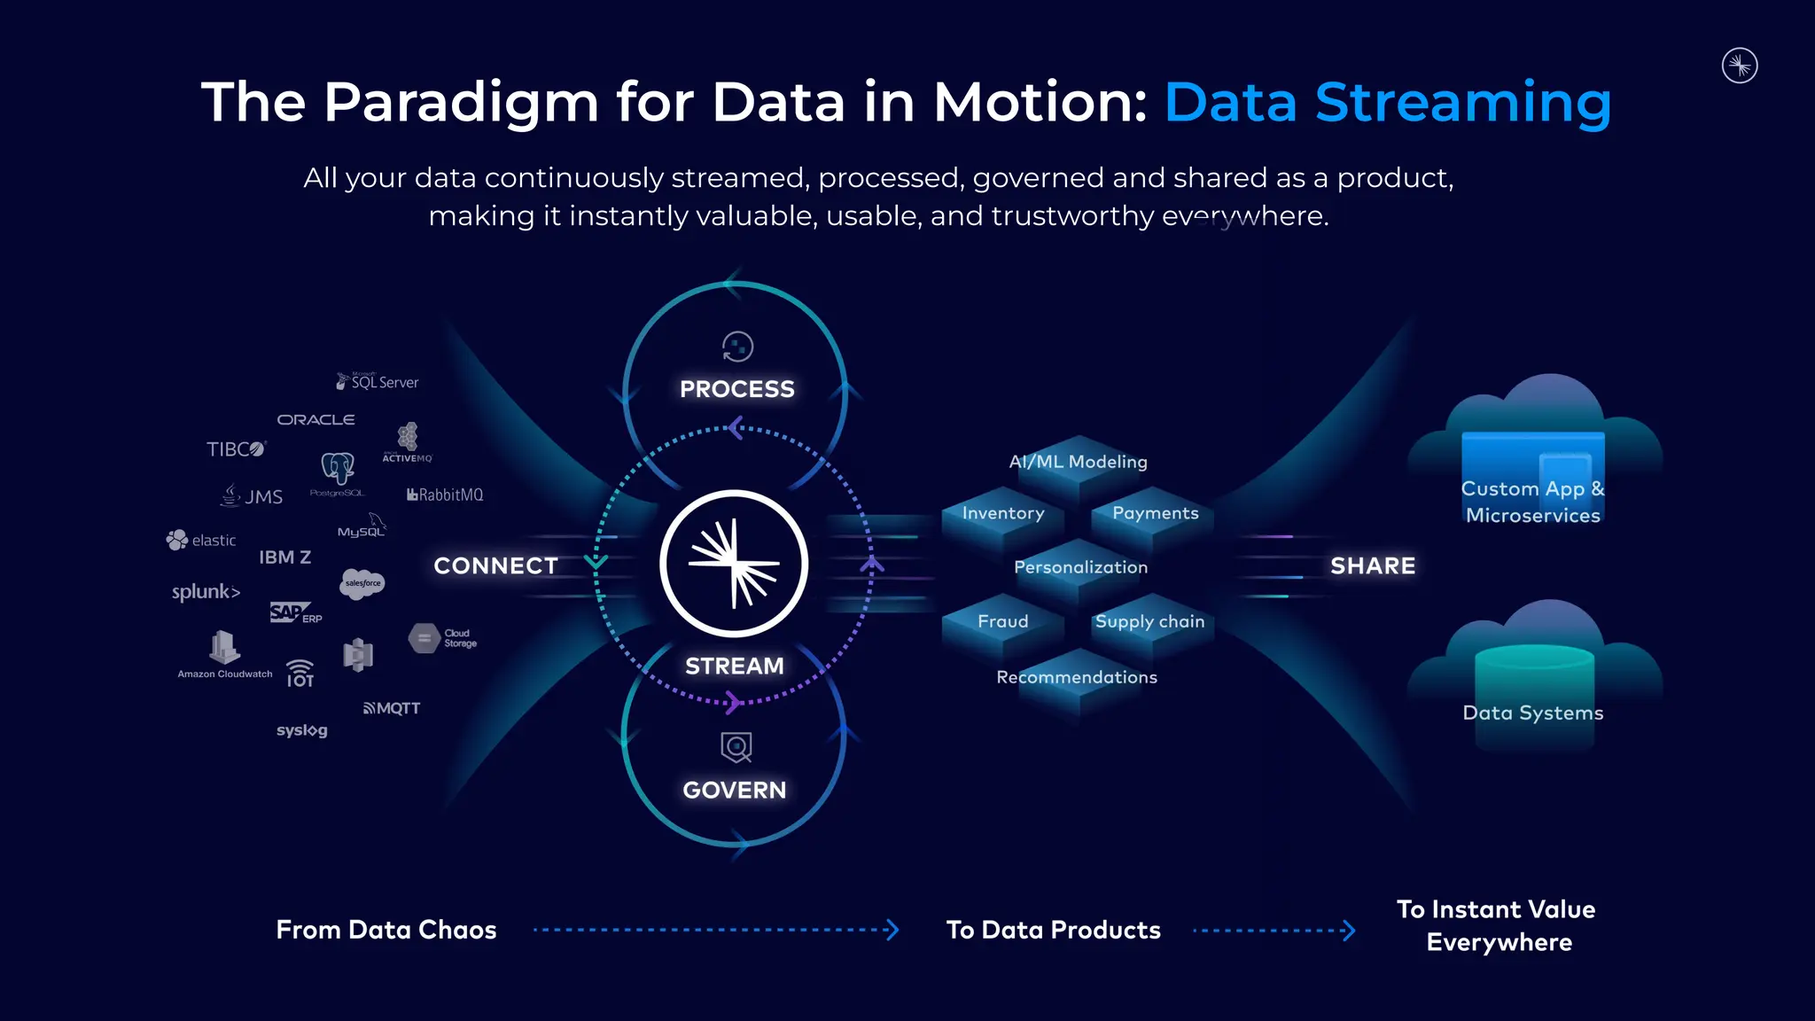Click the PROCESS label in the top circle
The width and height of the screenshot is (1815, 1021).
coord(736,389)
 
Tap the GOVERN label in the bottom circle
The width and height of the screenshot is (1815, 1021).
coord(734,790)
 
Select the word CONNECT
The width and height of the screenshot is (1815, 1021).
coord(495,565)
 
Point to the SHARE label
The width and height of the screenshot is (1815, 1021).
coord(1373,565)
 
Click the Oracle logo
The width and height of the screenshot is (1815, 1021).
coord(315,419)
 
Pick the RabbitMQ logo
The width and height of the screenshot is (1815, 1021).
coord(445,495)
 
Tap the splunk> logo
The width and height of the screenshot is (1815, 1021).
coord(206,591)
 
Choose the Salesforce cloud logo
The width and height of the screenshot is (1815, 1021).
coord(362,583)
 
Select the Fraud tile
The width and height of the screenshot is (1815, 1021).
coord(1002,621)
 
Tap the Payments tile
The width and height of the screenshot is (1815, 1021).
coord(1155,513)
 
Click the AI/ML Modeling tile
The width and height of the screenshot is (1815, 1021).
coord(1078,462)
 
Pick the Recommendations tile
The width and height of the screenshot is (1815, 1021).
coord(1077,677)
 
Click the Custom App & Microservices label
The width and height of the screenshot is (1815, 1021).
coord(1532,502)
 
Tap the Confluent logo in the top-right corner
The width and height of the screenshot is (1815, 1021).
coord(1740,66)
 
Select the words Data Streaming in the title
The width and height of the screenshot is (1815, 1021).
coord(1388,102)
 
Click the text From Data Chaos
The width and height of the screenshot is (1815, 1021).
coord(386,930)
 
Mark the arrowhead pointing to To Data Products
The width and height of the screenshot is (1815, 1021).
coord(892,930)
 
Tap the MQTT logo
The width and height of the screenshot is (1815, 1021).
coord(392,708)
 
